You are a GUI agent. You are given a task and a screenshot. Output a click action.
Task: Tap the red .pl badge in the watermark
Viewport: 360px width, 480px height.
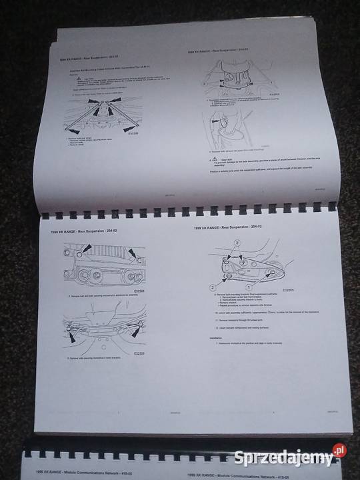339,451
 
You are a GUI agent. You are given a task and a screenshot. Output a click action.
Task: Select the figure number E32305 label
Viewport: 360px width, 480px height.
288,291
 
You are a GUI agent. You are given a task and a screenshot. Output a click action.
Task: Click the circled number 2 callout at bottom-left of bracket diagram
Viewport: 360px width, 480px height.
213,287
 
